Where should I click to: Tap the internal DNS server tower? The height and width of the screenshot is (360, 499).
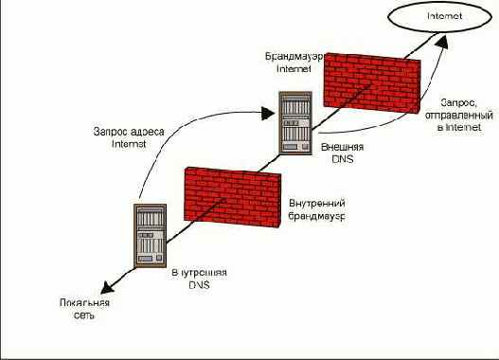point(149,232)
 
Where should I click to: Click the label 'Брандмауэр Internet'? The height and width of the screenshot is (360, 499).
point(293,63)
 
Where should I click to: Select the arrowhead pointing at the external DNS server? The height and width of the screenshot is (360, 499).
point(268,116)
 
